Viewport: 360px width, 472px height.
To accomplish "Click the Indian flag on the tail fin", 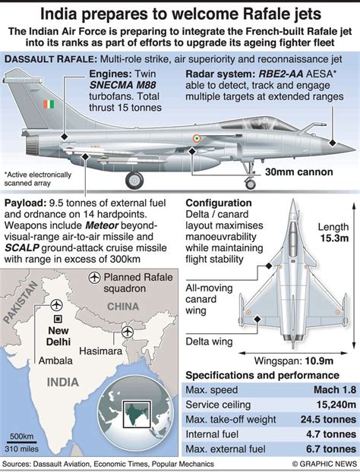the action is [x=49, y=105].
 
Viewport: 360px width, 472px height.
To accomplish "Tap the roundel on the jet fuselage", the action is [x=197, y=138].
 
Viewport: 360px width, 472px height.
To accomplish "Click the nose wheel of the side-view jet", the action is [x=250, y=184].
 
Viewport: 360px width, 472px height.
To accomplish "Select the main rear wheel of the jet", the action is [x=134, y=181].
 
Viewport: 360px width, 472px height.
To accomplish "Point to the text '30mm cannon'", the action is [x=298, y=172].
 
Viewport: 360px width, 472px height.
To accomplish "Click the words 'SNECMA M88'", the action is [x=122, y=85].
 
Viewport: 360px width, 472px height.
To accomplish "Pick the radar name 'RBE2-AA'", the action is [x=281, y=74].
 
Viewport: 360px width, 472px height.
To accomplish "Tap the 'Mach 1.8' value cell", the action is [x=335, y=390].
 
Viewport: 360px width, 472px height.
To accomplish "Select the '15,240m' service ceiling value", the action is [x=336, y=404].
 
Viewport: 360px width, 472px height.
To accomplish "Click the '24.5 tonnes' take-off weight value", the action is [x=328, y=420].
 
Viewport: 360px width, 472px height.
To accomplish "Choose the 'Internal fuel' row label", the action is [x=212, y=434].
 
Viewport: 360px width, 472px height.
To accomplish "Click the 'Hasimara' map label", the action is [x=100, y=351].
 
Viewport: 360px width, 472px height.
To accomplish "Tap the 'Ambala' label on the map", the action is [x=55, y=360].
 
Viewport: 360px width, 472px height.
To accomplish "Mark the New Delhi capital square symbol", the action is [x=58, y=319].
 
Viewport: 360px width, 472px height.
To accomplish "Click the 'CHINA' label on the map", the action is [x=123, y=307].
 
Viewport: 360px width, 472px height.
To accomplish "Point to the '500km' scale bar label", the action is [x=21, y=436].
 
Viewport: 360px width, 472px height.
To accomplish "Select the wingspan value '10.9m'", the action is [x=319, y=360].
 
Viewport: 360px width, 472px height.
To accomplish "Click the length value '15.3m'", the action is [x=334, y=238].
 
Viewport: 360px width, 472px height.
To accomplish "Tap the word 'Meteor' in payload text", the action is [x=102, y=225].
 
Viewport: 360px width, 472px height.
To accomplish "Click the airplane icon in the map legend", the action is [x=94, y=277].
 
